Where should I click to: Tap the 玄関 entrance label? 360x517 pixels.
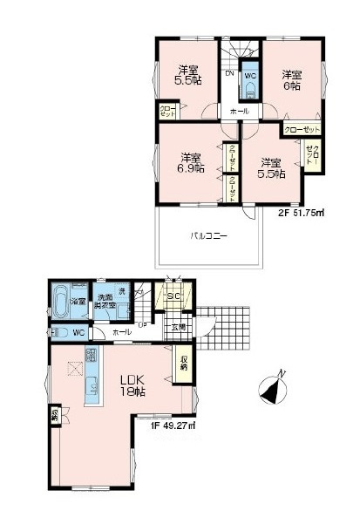[179, 327]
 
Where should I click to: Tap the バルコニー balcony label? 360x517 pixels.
[209, 236]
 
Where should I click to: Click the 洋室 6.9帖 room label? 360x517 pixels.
[192, 164]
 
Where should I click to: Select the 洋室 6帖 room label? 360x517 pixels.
[291, 80]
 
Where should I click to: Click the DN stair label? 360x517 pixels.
[228, 74]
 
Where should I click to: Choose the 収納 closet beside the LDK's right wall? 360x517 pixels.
[185, 364]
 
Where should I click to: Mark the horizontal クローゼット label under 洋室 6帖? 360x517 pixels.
[302, 130]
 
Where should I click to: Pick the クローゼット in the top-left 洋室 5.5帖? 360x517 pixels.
[166, 112]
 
